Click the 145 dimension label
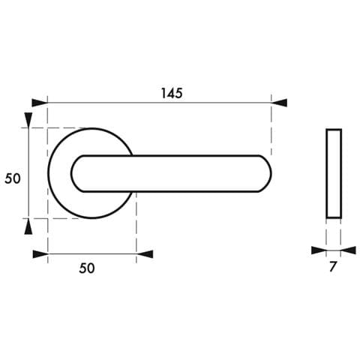[172, 93]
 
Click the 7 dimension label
[333, 266]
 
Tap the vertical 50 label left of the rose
[13, 178]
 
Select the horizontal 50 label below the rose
[87, 268]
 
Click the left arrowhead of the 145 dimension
[40, 103]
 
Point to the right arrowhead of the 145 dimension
[279, 103]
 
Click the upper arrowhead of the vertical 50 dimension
[28, 121]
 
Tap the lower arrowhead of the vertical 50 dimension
[28, 226]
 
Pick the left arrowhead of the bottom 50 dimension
[40, 254]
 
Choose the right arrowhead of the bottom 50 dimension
[145, 254]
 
